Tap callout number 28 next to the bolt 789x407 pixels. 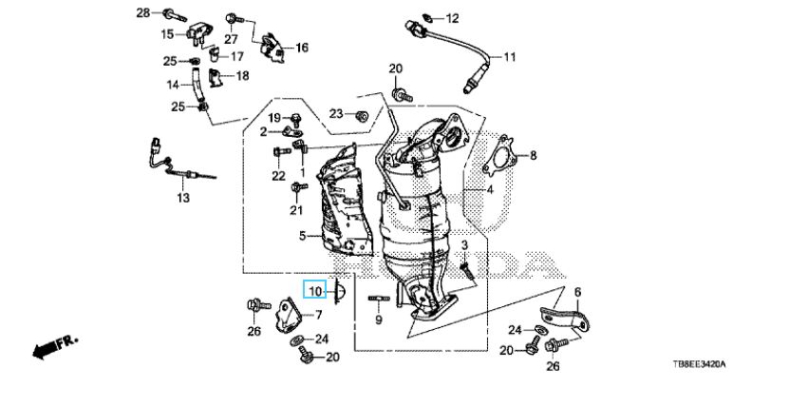143,12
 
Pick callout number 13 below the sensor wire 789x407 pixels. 181,198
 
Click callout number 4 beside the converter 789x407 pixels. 490,190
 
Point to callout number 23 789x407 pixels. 336,114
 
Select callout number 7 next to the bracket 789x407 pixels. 319,315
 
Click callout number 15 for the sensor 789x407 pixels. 167,34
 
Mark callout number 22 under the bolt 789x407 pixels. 277,176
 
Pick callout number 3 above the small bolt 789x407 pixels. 465,246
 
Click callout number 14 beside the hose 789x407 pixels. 174,85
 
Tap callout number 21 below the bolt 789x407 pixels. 295,210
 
